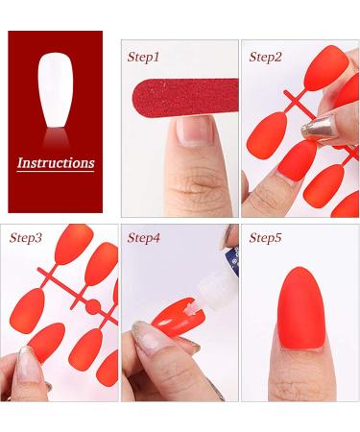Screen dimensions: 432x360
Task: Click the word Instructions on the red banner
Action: pyautogui.click(x=56, y=162)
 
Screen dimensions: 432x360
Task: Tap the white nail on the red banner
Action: pyautogui.click(x=55, y=92)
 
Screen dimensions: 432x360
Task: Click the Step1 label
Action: pyautogui.click(x=143, y=57)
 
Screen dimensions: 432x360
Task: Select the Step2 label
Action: pyautogui.click(x=265, y=57)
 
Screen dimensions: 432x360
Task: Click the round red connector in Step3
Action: pyautogui.click(x=94, y=310)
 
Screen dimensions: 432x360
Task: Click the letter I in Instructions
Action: pyautogui.click(x=21, y=162)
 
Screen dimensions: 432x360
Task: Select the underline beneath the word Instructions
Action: pyautogui.click(x=56, y=172)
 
